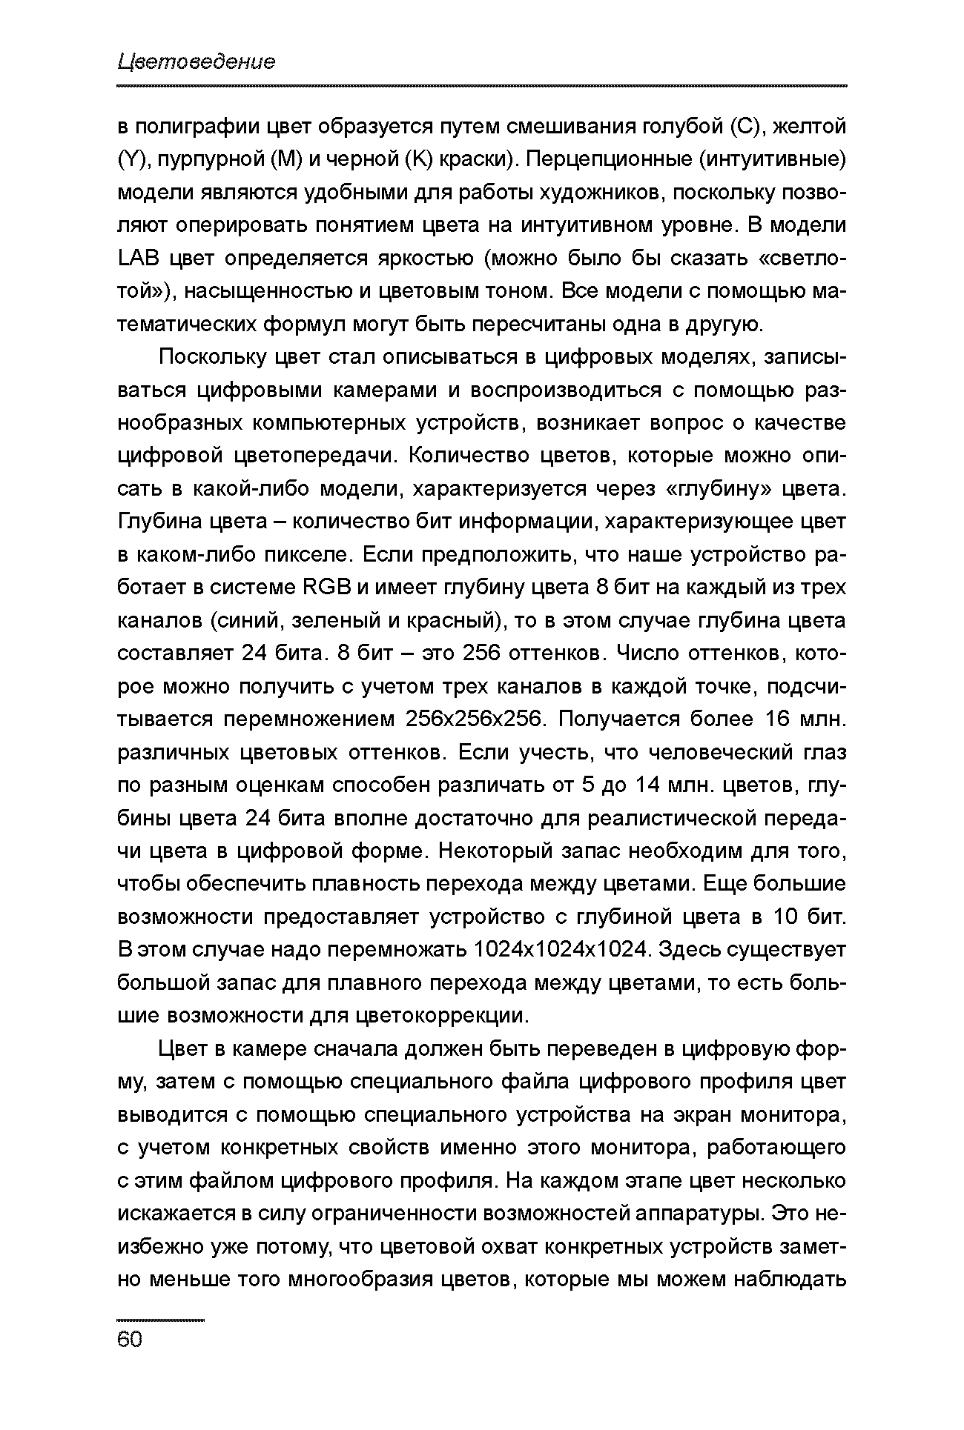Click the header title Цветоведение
196,61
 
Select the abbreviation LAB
139,259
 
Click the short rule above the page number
160,1320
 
